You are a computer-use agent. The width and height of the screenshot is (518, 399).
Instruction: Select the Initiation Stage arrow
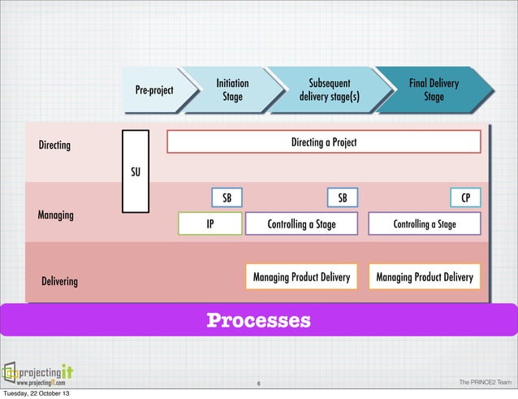pos(232,89)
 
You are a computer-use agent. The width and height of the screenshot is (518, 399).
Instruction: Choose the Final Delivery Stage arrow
pos(434,89)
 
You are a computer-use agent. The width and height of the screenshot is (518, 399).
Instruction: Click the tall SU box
pos(136,171)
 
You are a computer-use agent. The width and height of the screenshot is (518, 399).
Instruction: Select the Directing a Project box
pos(323,142)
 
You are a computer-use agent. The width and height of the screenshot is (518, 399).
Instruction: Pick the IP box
pos(209,224)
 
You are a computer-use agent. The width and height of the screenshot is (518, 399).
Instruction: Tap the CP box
pos(466,198)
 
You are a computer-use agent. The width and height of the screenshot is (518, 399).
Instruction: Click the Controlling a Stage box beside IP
pos(301,224)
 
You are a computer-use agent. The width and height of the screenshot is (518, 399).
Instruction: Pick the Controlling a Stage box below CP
pos(425,224)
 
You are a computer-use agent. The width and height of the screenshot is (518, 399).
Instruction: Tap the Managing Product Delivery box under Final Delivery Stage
pos(425,277)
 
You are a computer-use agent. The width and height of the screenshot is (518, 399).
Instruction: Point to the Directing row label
pos(55,145)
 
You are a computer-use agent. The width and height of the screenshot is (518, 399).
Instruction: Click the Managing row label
pos(55,215)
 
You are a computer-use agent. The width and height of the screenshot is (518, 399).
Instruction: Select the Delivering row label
pos(59,281)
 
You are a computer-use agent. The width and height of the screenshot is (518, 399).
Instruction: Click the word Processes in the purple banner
pos(258,319)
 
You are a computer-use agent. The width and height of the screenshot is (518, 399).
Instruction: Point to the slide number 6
pos(257,384)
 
